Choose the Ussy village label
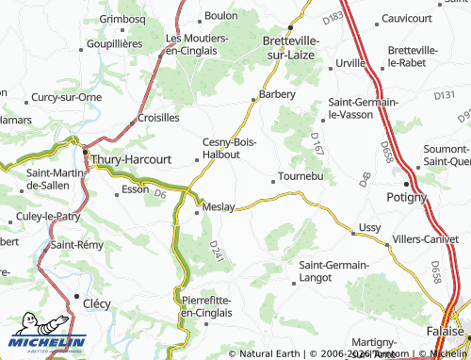tap(369, 228)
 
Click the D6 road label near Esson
tap(160, 194)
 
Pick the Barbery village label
tap(278, 94)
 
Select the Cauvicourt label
tap(412, 18)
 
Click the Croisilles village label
tap(158, 118)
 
